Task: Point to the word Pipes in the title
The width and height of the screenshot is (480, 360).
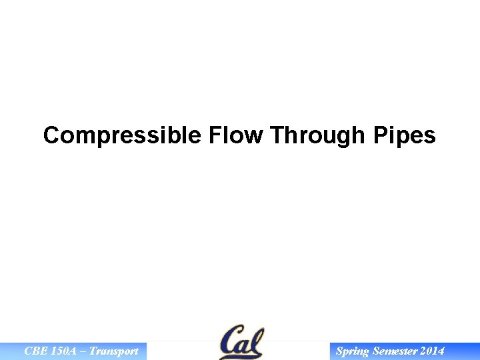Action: tap(405, 135)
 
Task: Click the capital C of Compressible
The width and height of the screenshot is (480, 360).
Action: tap(51, 135)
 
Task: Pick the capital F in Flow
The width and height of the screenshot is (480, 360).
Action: tap(215, 135)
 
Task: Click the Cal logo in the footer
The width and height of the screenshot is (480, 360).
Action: tap(241, 342)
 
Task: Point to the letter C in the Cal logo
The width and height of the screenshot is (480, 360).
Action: tap(230, 342)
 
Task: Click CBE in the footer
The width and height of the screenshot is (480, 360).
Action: tap(35, 351)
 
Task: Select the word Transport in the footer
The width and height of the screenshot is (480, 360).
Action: tap(114, 351)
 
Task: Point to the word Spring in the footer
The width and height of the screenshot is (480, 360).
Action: tap(352, 351)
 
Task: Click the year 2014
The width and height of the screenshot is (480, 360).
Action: tap(432, 351)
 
